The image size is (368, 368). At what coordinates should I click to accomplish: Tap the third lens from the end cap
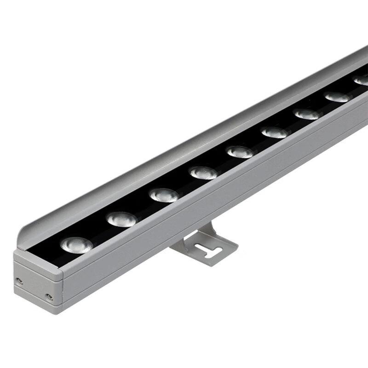coord(163,195)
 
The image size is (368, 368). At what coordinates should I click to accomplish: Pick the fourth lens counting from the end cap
coord(203,172)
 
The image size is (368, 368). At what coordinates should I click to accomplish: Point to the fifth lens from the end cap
coord(240,151)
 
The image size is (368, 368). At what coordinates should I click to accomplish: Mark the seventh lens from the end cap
coord(307,114)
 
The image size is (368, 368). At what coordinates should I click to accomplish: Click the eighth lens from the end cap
coord(337,97)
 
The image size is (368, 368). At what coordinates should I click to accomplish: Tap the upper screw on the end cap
coord(19,279)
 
